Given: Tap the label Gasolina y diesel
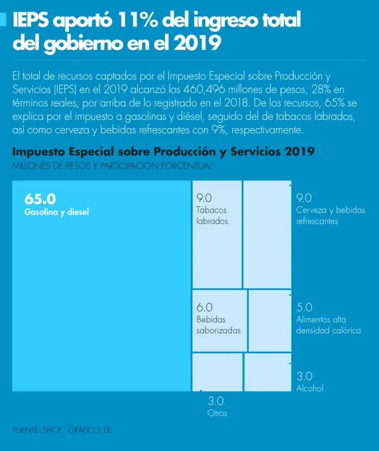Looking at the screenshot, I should tap(57, 212).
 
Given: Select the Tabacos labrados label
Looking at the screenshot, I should tap(212, 216).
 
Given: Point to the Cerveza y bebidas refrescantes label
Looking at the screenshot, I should tap(330, 216).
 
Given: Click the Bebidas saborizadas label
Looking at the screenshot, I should tap(218, 325).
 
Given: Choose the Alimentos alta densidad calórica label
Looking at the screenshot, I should tap(328, 325).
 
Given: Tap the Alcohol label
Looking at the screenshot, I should tap(310, 388).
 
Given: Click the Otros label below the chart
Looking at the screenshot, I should tap(217, 413).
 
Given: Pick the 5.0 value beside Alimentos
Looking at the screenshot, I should tap(304, 307).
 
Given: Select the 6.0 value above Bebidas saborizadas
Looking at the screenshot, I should tap(204, 307).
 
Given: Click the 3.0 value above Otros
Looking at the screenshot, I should tap(215, 402).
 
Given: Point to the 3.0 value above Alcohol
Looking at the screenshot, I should tap(304, 376).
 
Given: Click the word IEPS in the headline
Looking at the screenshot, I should tap(31, 21).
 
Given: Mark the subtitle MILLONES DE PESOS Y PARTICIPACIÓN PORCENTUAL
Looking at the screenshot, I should tap(112, 166).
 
